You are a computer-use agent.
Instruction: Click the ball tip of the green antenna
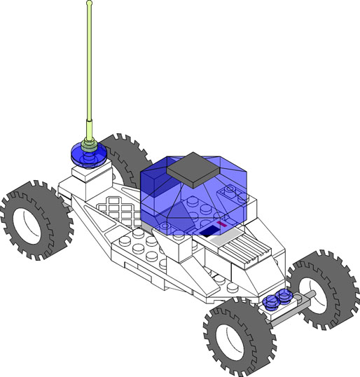click(x=89, y=4)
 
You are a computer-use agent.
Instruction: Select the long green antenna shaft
click(x=89, y=70)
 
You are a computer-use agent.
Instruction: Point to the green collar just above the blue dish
click(x=89, y=145)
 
